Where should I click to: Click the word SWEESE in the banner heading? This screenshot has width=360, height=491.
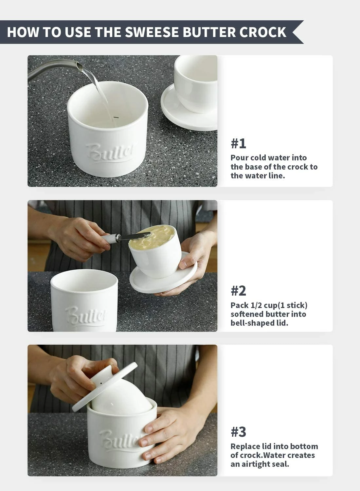click(x=152, y=32)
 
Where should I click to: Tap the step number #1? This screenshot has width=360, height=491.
click(x=238, y=143)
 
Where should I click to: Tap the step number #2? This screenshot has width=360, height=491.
click(x=238, y=291)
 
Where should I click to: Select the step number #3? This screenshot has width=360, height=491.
click(x=238, y=432)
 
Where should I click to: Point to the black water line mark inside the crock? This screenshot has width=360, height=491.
click(x=116, y=117)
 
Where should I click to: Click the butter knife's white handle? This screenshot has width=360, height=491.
click(x=109, y=238)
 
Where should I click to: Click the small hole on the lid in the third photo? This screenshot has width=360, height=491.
click(x=101, y=382)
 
